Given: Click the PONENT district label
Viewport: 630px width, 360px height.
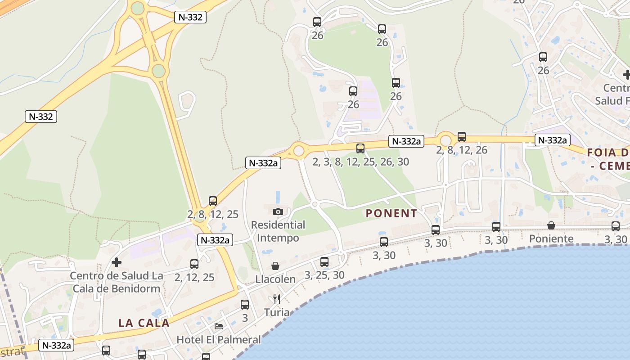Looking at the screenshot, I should [391, 213].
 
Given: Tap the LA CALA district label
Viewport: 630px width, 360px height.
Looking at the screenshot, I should [144, 323].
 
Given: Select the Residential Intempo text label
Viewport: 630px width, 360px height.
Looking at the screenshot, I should [278, 231].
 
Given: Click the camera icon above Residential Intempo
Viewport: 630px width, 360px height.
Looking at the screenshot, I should [278, 211].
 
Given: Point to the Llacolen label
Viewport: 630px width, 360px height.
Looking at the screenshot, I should [275, 279].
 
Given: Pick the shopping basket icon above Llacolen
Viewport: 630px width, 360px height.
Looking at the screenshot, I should [275, 266].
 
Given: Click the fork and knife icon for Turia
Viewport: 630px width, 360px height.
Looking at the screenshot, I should [277, 299].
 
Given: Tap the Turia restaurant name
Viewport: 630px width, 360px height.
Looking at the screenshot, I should [277, 312].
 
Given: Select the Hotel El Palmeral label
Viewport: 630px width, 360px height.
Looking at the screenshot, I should [218, 339].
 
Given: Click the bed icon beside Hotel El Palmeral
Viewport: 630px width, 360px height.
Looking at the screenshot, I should [219, 326].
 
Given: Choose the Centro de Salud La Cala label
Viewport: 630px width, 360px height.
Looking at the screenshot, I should [116, 282].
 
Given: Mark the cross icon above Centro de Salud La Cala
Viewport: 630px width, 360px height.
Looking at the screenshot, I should [117, 262].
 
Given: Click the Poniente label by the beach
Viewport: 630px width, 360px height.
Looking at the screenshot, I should [551, 238].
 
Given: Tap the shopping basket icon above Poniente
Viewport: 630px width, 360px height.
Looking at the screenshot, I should [551, 225].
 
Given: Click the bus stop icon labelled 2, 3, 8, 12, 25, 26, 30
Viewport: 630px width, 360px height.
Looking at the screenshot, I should [360, 148].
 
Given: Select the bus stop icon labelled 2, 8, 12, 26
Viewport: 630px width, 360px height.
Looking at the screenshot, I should [462, 137].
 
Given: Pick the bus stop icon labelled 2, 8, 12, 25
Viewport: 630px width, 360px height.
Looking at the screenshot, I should [213, 201].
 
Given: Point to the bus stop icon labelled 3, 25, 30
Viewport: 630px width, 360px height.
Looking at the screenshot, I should [324, 261].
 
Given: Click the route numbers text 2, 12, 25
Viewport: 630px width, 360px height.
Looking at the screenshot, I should [194, 277].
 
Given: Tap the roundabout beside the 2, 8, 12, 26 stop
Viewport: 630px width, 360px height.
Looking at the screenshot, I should [445, 139].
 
